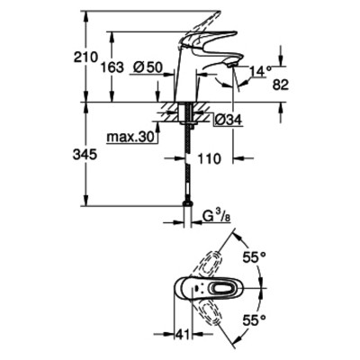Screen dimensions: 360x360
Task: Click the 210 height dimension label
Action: (86, 57)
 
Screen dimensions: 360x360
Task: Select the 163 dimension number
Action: (112, 67)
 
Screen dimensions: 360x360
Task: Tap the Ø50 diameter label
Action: (148, 67)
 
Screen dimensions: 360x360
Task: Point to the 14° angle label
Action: (260, 72)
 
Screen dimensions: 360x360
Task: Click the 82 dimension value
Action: (281, 85)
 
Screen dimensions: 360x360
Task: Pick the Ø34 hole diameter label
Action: (229, 121)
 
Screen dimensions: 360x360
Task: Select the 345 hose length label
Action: (85, 155)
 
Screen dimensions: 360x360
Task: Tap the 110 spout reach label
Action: (209, 158)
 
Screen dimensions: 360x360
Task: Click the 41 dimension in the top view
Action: (183, 334)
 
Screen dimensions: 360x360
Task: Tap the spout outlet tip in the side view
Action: (233, 64)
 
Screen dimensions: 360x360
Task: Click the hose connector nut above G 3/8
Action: (187, 203)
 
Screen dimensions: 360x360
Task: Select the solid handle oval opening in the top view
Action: (221, 288)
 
